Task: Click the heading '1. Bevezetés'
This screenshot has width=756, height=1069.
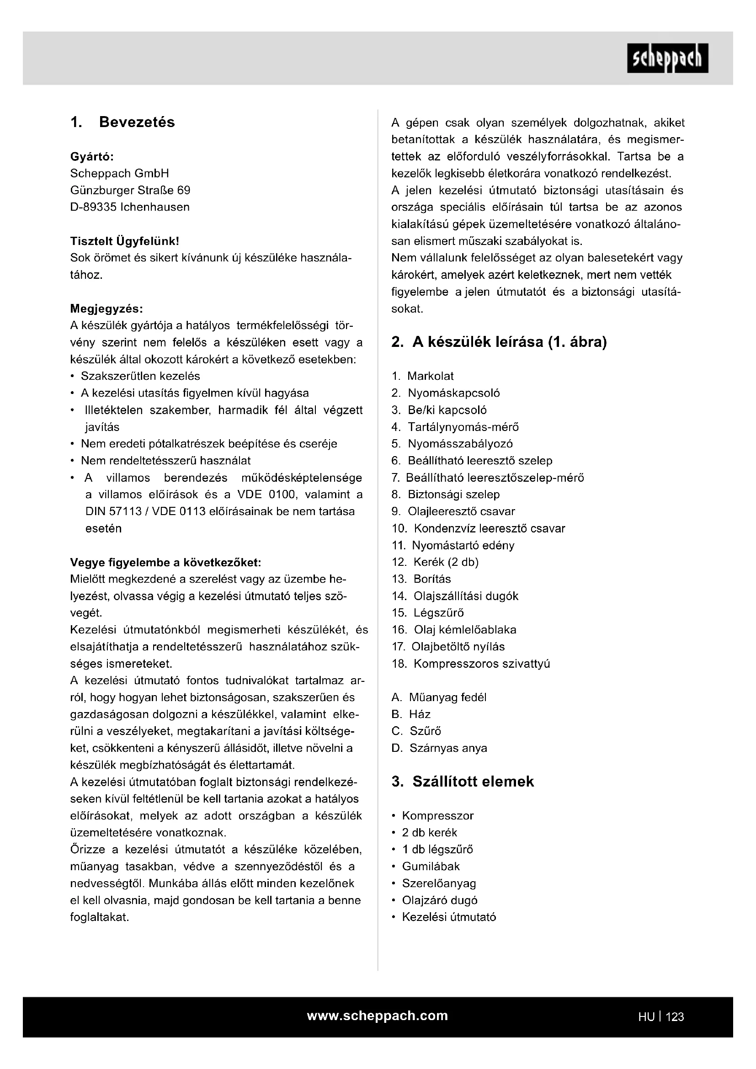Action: [122, 122]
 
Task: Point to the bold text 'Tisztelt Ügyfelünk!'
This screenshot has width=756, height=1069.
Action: [124, 241]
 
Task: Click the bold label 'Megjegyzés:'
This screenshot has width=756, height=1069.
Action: [106, 308]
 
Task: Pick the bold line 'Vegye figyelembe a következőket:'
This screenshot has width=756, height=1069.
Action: [165, 563]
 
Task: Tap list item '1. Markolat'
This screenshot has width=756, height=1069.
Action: [423, 376]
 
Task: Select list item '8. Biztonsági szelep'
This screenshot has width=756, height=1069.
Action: [446, 495]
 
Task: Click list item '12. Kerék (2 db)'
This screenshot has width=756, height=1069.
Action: [435, 563]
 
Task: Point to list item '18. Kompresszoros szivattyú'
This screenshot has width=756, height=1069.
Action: [471, 664]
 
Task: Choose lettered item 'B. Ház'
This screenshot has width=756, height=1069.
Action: [411, 715]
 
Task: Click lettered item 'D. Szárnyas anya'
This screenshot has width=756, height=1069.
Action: [439, 748]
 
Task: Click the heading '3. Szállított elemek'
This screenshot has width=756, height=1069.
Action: [463, 782]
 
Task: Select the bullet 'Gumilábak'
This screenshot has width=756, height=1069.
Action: [431, 867]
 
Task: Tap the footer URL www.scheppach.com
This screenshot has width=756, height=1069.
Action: [377, 1016]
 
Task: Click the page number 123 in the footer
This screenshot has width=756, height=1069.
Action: [675, 1017]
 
